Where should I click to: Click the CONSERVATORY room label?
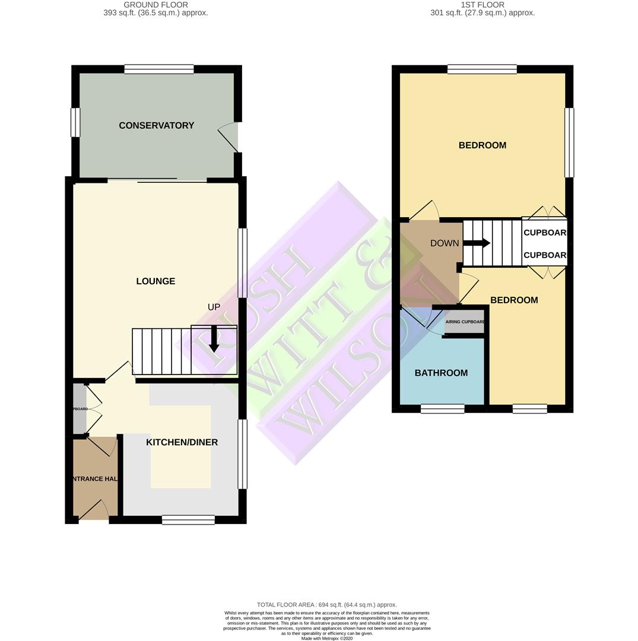click(x=156, y=125)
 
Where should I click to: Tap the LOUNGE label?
click(x=155, y=281)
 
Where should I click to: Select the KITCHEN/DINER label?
click(x=182, y=442)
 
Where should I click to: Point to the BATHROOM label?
click(x=441, y=373)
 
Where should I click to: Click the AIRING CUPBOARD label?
click(x=465, y=322)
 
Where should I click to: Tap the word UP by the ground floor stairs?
click(x=214, y=307)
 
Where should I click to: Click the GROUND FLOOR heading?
click(x=155, y=5)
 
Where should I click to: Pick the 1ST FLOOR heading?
click(x=483, y=5)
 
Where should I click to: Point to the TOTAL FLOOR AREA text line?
click(x=327, y=605)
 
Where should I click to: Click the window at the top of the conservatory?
click(x=159, y=69)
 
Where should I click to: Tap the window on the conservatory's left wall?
click(x=75, y=122)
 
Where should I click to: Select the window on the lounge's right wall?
click(x=242, y=263)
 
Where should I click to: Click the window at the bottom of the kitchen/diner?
click(x=188, y=520)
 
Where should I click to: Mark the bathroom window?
click(x=443, y=408)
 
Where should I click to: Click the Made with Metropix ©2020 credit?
click(x=327, y=639)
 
